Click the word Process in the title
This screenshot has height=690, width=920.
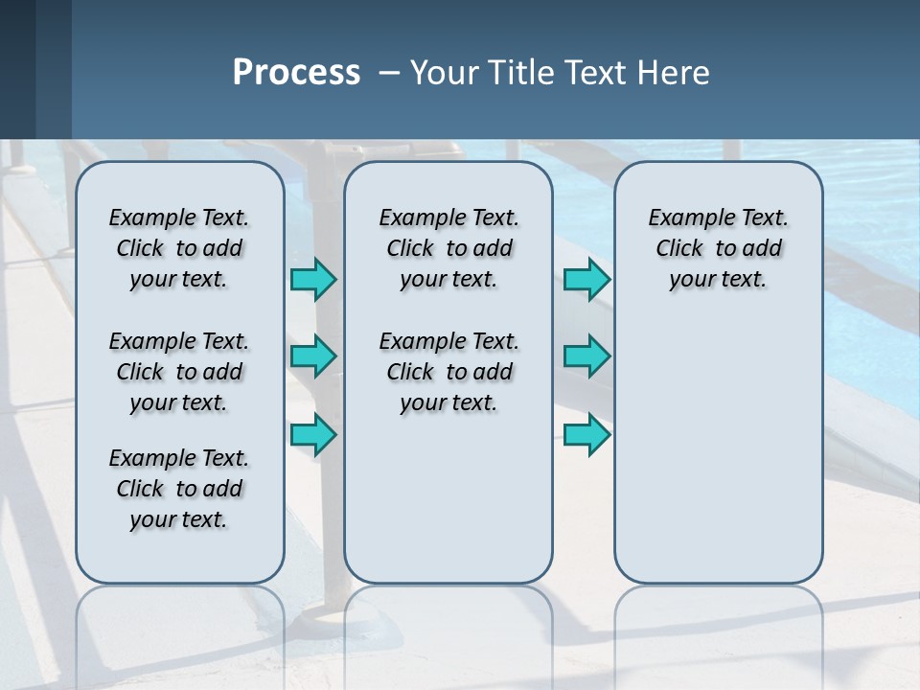pyautogui.click(x=296, y=73)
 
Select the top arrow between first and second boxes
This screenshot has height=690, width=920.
pyautogui.click(x=313, y=280)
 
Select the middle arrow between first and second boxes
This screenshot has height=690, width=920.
pyautogui.click(x=313, y=356)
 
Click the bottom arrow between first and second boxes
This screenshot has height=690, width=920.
pyautogui.click(x=313, y=435)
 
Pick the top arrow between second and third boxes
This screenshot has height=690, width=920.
pyautogui.click(x=586, y=280)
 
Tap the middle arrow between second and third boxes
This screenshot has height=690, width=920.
pyautogui.click(x=586, y=356)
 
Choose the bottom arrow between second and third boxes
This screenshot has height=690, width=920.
pyautogui.click(x=586, y=435)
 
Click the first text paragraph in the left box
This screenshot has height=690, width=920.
pyautogui.click(x=179, y=248)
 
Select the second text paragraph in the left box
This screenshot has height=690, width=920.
pyautogui.click(x=179, y=372)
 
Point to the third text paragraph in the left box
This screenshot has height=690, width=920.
pyautogui.click(x=179, y=489)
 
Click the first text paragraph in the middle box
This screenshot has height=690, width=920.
pyautogui.click(x=448, y=248)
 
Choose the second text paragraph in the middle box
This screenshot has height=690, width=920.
pyautogui.click(x=448, y=372)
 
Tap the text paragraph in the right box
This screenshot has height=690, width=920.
pyautogui.click(x=718, y=248)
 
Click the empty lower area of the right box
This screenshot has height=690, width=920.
pyautogui.click(x=718, y=460)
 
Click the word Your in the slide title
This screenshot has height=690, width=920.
pyautogui.click(x=444, y=73)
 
